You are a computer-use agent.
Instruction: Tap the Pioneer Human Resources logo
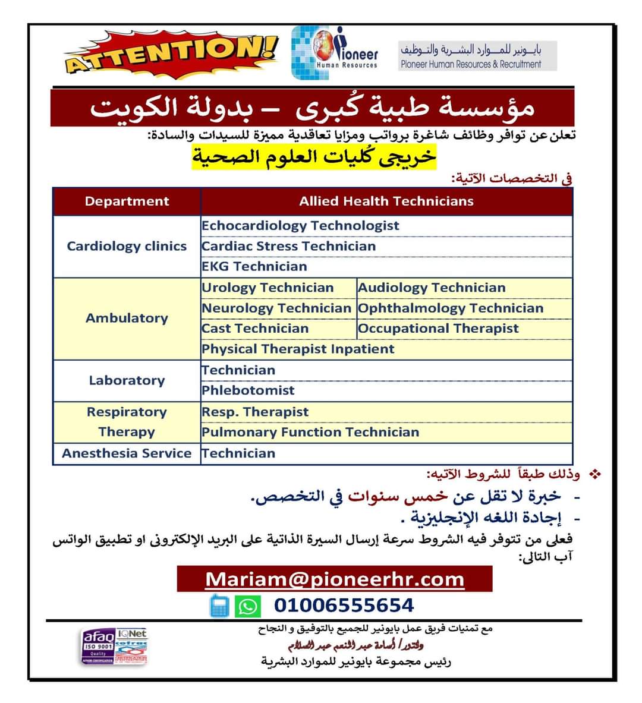(335, 53)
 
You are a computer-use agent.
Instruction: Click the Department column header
(127, 201)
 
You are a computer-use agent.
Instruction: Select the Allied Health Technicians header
(386, 201)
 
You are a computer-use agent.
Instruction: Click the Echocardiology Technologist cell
(300, 226)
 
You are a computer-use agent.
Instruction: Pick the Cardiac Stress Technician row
(289, 246)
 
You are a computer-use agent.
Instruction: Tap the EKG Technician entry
(254, 266)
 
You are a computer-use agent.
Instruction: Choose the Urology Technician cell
(267, 288)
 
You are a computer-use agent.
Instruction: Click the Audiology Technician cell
(432, 288)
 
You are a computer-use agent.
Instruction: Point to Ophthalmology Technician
(451, 308)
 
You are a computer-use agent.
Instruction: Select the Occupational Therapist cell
(439, 328)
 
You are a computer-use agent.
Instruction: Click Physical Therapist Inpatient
(298, 349)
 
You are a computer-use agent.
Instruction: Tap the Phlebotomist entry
(248, 390)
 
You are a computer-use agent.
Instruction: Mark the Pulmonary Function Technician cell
(310, 432)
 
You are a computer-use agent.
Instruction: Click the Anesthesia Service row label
(127, 453)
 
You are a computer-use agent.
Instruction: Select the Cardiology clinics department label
(127, 246)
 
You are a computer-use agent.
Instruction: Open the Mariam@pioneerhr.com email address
(335, 579)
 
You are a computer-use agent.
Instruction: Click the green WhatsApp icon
(247, 606)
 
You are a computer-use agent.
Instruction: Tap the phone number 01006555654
(344, 606)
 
